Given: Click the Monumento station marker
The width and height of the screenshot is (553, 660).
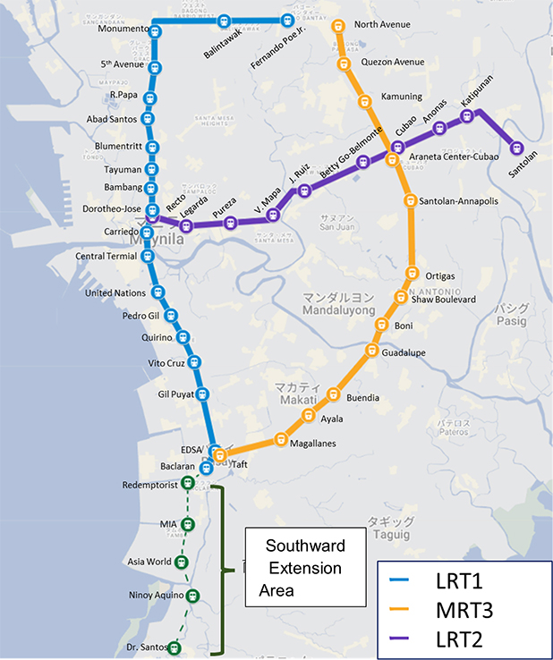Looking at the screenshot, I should click(x=156, y=30).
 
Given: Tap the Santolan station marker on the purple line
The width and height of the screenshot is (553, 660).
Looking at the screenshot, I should click(x=516, y=148).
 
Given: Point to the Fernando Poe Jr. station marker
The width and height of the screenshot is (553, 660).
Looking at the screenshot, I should click(x=289, y=20).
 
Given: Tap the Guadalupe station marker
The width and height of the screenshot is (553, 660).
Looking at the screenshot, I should click(x=371, y=351).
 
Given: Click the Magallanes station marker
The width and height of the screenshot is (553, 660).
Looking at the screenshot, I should click(x=281, y=439).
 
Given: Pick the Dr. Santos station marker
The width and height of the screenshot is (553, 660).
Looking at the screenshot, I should click(x=174, y=647).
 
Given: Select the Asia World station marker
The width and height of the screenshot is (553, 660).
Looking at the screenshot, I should click(x=182, y=563).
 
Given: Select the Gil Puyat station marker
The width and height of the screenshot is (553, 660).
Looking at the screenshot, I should click(x=202, y=393).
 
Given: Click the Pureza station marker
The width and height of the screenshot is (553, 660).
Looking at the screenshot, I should click(x=231, y=223).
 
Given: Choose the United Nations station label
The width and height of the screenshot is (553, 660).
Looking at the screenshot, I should click(x=115, y=292).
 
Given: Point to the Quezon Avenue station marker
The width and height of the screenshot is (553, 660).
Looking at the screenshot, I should click(x=342, y=63).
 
